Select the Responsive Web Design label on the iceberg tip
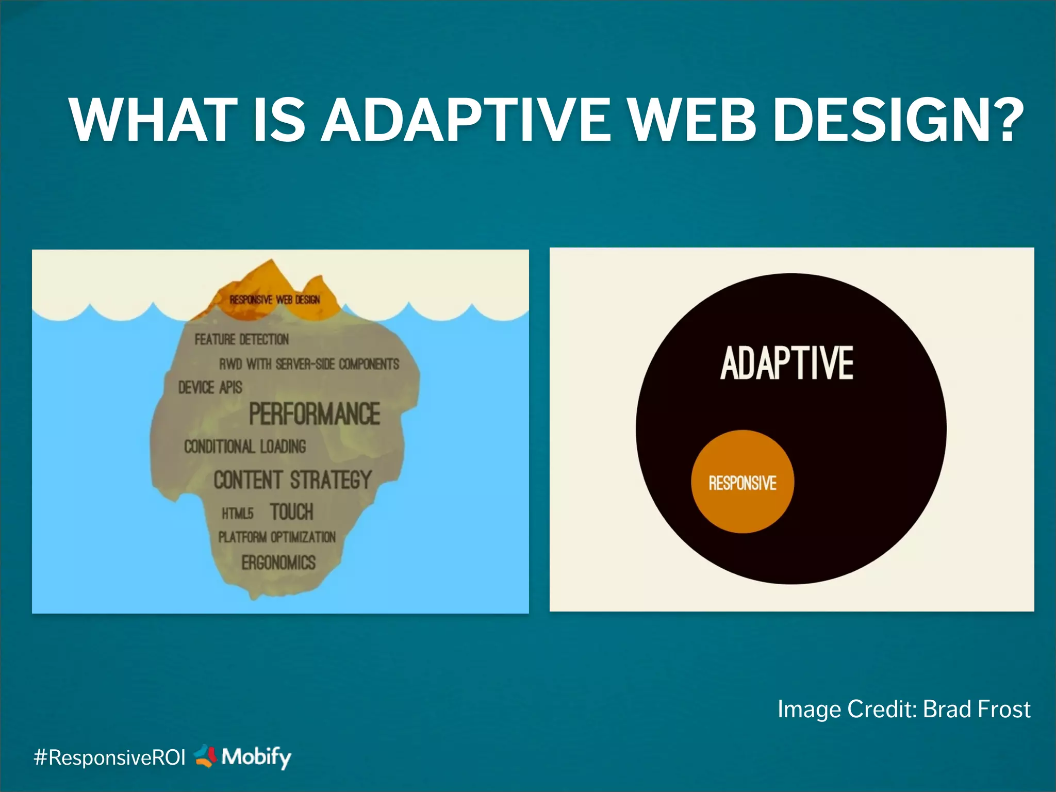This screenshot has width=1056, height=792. tap(275, 300)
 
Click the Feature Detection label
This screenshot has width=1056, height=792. tap(241, 339)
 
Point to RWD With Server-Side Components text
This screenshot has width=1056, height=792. tap(309, 364)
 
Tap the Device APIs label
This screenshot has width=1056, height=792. tap(210, 387)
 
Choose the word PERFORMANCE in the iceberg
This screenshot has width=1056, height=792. tap(315, 414)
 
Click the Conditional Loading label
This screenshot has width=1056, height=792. tap(245, 447)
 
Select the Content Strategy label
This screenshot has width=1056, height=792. tap(292, 480)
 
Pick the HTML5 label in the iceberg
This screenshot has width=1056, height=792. tap(238, 514)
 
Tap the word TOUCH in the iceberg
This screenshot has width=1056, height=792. tap(291, 512)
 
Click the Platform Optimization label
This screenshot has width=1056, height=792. tap(277, 537)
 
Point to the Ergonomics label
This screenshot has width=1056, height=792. tap(278, 563)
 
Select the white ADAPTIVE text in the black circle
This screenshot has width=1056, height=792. tap(787, 364)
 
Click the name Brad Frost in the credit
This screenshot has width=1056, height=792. tap(977, 709)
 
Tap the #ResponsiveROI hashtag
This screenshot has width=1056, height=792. tap(109, 757)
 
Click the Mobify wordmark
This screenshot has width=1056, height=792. tap(256, 757)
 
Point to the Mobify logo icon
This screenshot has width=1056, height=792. tap(205, 756)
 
